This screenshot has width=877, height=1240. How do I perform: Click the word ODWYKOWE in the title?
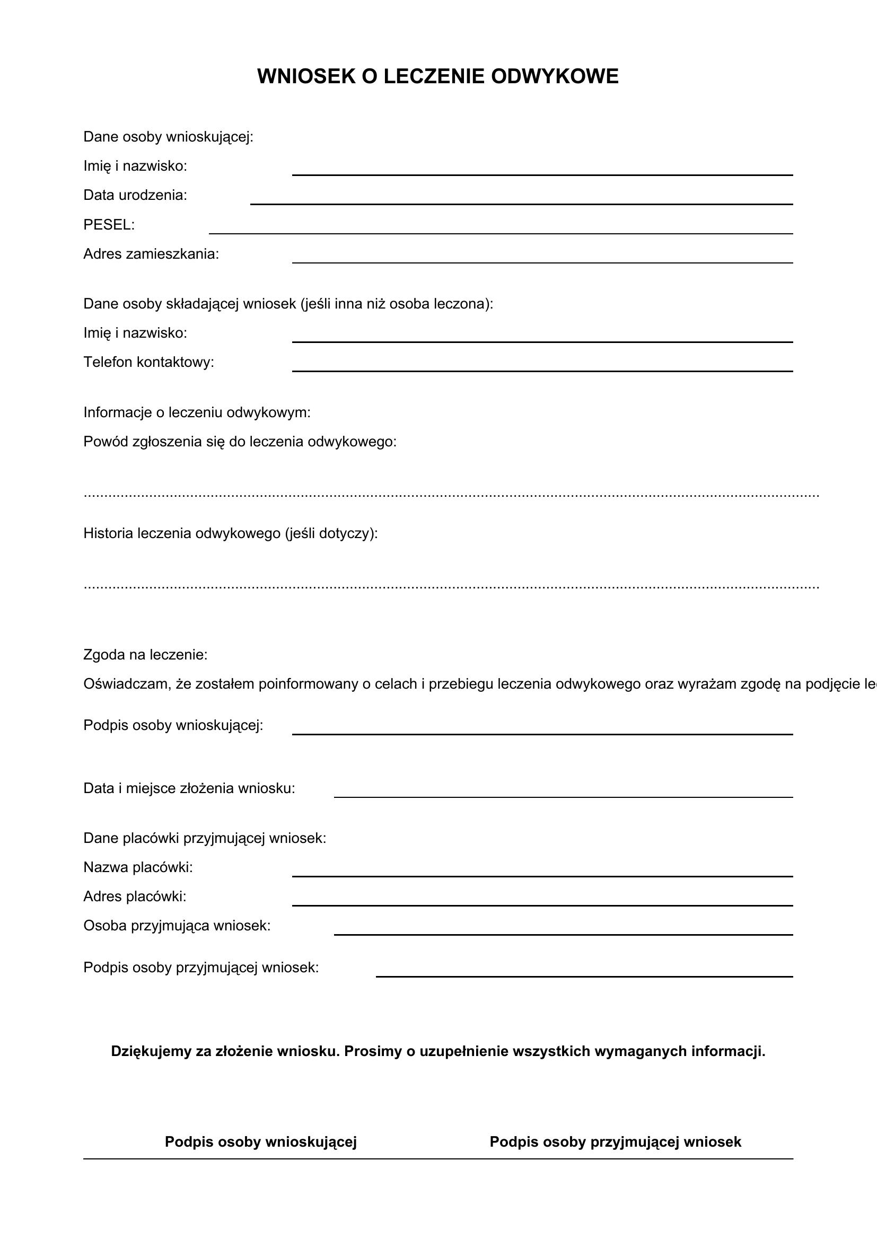point(555,77)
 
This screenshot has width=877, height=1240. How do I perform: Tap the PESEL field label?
point(109,225)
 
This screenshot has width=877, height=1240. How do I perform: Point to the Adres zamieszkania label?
point(151,254)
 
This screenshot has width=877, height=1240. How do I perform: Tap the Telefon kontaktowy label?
point(148,362)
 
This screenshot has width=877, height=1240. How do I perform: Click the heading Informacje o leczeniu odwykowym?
point(197,412)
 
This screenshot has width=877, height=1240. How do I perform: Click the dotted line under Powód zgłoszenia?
point(451,495)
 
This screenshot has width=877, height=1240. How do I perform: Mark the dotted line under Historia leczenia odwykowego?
point(451,586)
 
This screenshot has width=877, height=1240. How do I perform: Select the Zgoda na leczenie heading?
point(145,655)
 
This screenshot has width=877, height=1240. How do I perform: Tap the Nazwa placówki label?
point(138,867)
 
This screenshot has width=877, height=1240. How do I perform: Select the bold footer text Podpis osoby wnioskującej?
point(261,1142)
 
